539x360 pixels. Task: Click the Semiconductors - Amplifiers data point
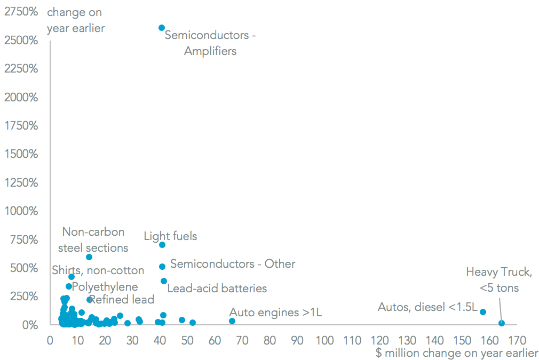click(x=162, y=28)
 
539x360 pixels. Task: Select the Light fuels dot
click(x=162, y=245)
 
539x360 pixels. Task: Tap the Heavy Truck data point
click(x=501, y=323)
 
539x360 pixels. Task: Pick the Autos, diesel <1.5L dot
click(x=483, y=312)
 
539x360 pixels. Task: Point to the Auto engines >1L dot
click(x=232, y=321)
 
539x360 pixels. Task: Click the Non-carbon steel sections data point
click(x=89, y=257)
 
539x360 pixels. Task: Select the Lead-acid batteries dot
click(x=164, y=281)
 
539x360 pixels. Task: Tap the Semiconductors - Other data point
click(x=162, y=267)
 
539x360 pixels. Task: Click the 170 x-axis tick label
click(x=517, y=340)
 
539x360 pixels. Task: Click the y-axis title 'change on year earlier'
click(x=75, y=20)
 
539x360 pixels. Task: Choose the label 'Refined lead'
click(x=122, y=300)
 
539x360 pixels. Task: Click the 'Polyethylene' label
click(x=105, y=287)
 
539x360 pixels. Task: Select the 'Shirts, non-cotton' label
click(x=98, y=270)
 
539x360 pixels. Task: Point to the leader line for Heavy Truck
click(x=500, y=308)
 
